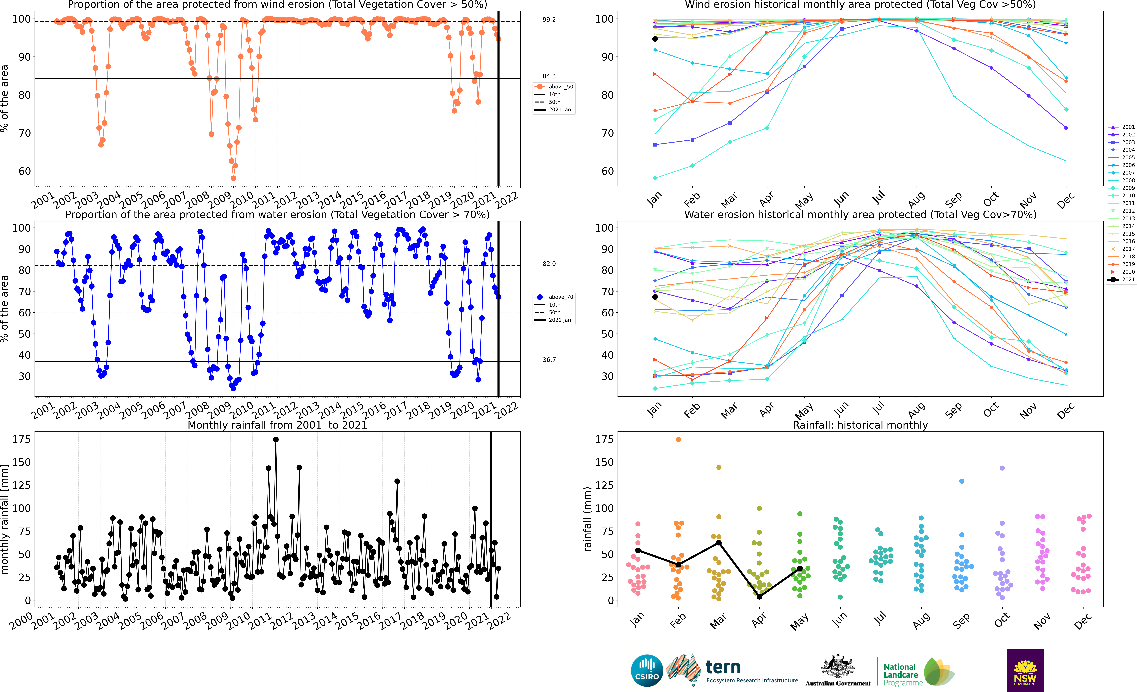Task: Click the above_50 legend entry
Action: coord(555,87)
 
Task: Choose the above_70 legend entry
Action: coord(555,297)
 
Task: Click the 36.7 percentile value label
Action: coord(549,360)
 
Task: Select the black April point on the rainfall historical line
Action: coord(759,597)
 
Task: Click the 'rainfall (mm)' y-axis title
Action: coord(587,519)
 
